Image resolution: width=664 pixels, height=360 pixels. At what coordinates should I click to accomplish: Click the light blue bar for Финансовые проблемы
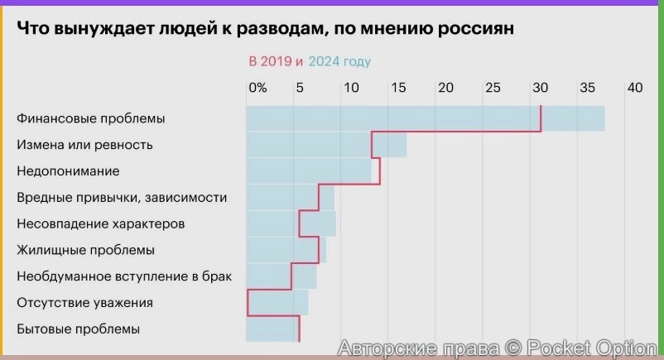pos(425,118)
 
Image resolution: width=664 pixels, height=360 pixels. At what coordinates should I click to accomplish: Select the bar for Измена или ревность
pos(326,145)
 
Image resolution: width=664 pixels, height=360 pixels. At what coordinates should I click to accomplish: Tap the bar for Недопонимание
pos(309,171)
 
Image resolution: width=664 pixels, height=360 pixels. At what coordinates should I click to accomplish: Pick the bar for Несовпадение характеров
pos(291,223)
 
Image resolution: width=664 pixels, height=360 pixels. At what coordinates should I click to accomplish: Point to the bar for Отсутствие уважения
pos(277,303)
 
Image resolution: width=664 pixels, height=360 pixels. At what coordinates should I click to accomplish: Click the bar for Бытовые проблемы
pos(272,329)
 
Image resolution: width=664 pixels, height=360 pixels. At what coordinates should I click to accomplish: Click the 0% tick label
pos(257,89)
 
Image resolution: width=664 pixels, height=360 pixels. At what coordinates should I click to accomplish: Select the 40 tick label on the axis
pos(634,89)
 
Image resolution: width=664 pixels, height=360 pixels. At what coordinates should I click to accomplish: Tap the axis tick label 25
pos(493,89)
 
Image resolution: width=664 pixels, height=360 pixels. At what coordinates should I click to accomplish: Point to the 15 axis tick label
pos(398,89)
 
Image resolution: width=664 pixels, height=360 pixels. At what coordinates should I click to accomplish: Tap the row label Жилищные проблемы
pos(85,250)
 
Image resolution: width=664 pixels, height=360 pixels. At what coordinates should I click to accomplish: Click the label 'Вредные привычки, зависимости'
pos(122,198)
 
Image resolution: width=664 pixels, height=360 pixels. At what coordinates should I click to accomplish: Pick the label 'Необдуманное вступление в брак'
pos(124,276)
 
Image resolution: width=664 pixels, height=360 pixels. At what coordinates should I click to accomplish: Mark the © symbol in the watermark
pos(513,348)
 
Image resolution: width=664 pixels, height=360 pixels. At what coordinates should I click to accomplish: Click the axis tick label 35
pos(587,89)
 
